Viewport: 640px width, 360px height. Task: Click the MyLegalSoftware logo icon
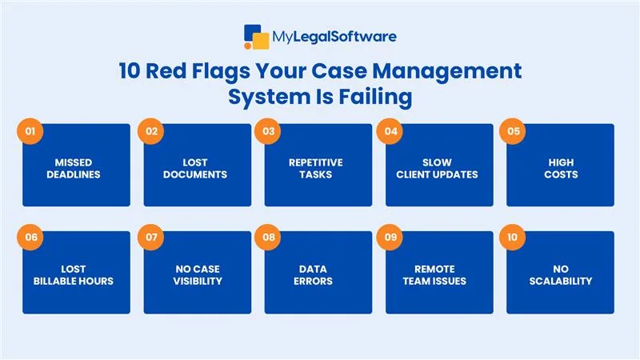(x=257, y=37)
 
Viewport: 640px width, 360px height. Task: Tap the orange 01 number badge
(x=29, y=130)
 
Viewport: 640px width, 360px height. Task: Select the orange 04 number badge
(x=390, y=130)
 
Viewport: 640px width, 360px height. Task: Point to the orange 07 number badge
(x=150, y=238)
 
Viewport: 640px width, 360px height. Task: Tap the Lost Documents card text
(x=197, y=168)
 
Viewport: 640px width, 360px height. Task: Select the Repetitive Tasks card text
(x=315, y=168)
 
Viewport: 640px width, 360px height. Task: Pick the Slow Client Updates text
(x=437, y=168)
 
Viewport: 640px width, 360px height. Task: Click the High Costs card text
(x=558, y=168)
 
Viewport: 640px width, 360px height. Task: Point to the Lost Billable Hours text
(x=74, y=275)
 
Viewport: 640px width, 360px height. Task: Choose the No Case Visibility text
(x=197, y=275)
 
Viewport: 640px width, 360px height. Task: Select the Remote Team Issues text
(x=437, y=275)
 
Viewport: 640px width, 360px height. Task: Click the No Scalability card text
(x=558, y=275)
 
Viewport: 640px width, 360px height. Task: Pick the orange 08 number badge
(x=270, y=238)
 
